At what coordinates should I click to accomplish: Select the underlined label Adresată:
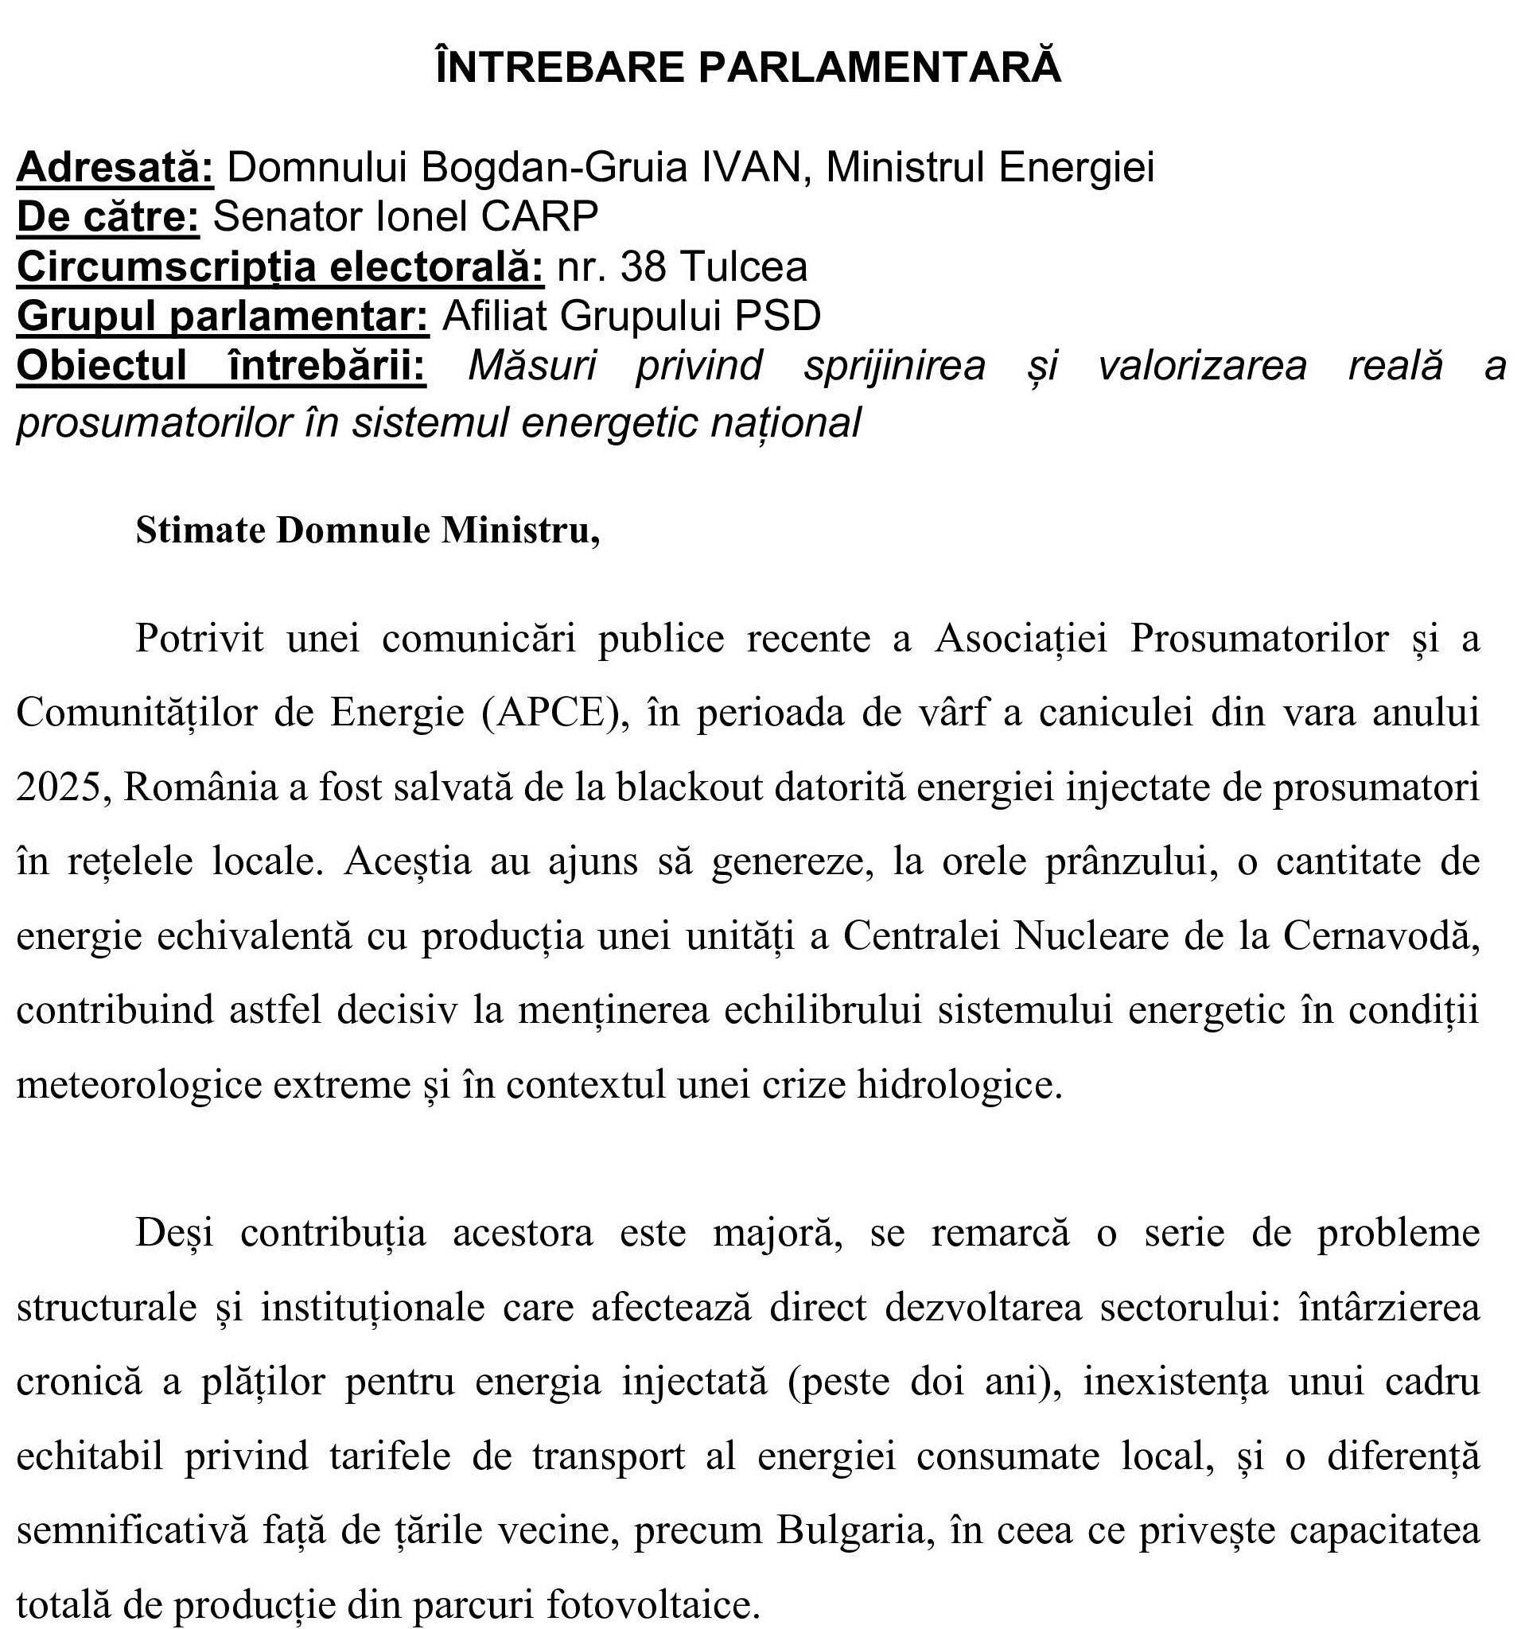click(x=115, y=167)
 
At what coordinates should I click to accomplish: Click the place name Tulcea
click(x=744, y=267)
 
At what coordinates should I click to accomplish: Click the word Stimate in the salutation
click(x=200, y=531)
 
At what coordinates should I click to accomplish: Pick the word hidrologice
click(x=959, y=1085)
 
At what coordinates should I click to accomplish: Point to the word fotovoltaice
click(x=652, y=1604)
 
